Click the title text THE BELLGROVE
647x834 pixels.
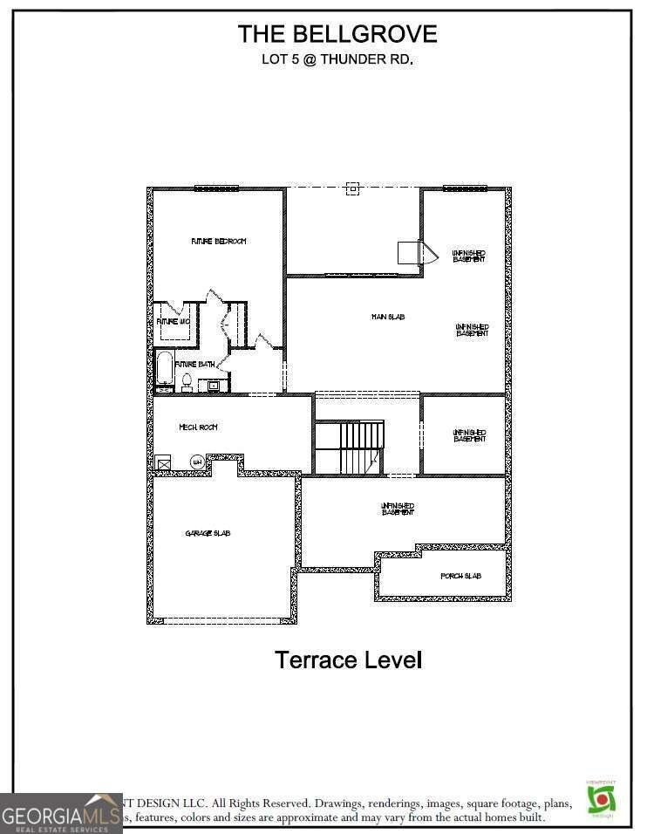point(337,34)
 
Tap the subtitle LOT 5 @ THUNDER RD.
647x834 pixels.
point(337,60)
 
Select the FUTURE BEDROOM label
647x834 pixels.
point(219,241)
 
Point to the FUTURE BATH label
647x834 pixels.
point(195,364)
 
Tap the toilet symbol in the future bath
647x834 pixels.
point(187,382)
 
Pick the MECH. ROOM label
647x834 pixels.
point(198,427)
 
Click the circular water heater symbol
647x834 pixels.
point(197,461)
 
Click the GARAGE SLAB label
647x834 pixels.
point(208,533)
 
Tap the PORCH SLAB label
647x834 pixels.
point(460,577)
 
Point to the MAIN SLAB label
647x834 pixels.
point(388,317)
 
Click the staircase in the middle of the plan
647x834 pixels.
point(360,448)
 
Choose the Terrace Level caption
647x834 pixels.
point(349,660)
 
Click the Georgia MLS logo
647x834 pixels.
point(61,813)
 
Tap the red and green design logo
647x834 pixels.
point(601,798)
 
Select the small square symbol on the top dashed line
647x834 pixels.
point(352,188)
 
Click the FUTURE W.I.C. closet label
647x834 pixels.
point(173,322)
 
